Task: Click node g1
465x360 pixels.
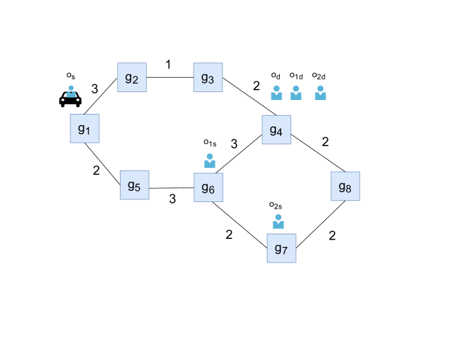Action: [84, 128]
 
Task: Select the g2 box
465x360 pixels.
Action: [131, 78]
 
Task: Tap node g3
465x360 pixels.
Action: [207, 78]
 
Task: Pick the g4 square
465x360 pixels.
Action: [276, 130]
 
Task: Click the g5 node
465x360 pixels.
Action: [134, 185]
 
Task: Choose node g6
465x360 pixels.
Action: [208, 188]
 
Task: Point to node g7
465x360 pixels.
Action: [281, 248]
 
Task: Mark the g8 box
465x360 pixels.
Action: [345, 186]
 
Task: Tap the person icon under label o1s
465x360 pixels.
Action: [210, 161]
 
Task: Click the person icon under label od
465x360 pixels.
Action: [277, 93]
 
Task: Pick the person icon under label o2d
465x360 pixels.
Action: [321, 93]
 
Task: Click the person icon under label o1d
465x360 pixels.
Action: [296, 93]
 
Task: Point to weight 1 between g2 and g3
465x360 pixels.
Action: [169, 64]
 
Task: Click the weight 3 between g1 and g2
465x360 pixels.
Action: [95, 88]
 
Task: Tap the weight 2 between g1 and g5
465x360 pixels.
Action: [96, 170]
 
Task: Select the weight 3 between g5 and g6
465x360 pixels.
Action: [173, 199]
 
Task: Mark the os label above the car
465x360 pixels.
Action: [70, 76]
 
